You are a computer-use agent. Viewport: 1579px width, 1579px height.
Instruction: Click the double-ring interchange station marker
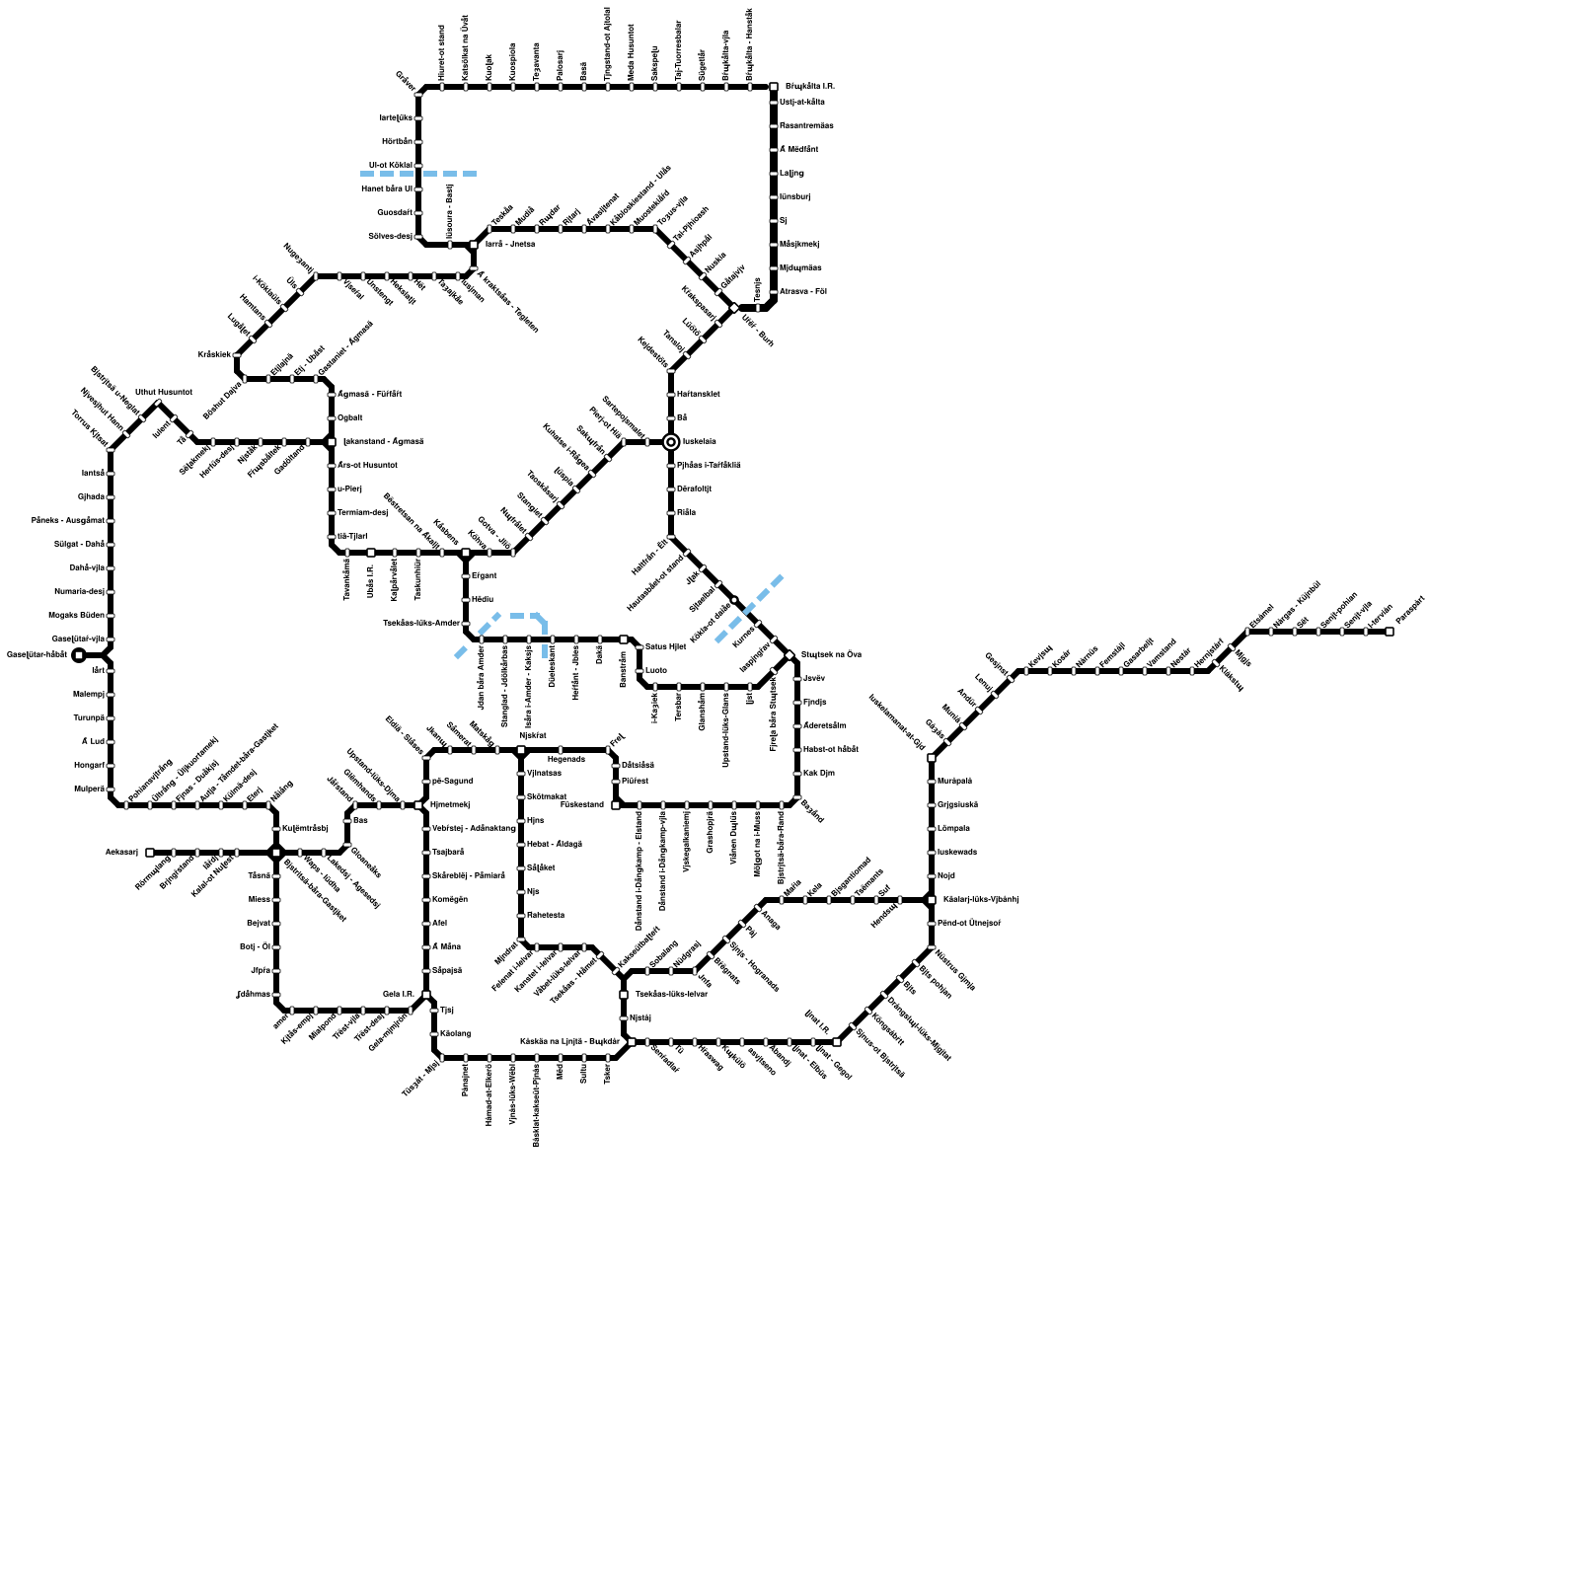[x=671, y=442]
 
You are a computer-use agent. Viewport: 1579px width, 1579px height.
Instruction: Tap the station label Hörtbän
[x=398, y=142]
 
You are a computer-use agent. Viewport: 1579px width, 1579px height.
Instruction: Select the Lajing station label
[x=791, y=174]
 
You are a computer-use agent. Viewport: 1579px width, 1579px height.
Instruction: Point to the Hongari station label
[x=89, y=766]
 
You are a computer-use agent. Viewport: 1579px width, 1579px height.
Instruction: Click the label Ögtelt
[x=350, y=418]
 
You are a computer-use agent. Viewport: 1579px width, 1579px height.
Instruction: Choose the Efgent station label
[x=484, y=575]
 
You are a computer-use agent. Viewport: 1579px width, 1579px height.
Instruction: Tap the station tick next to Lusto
[x=639, y=671]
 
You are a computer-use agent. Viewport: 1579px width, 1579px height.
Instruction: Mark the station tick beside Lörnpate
[x=932, y=829]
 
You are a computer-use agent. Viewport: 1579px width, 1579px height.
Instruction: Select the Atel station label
[x=440, y=924]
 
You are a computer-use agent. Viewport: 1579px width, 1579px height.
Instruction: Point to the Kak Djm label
[x=818, y=774]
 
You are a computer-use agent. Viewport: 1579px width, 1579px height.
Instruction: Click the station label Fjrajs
[x=814, y=703]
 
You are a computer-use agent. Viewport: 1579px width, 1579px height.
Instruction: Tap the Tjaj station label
[x=447, y=1011]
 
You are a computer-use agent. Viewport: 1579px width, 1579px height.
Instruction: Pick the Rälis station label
[x=686, y=513]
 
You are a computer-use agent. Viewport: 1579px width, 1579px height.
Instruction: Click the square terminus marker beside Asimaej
[x=150, y=853]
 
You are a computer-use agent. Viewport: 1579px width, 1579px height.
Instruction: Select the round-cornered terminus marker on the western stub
[x=79, y=654]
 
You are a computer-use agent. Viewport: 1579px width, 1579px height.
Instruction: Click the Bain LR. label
[x=398, y=995]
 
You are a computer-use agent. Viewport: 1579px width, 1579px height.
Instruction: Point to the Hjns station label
[x=535, y=821]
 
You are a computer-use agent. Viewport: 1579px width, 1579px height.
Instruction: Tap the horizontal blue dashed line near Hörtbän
[x=419, y=174]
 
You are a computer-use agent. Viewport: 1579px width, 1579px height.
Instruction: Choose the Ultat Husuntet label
[x=164, y=393]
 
